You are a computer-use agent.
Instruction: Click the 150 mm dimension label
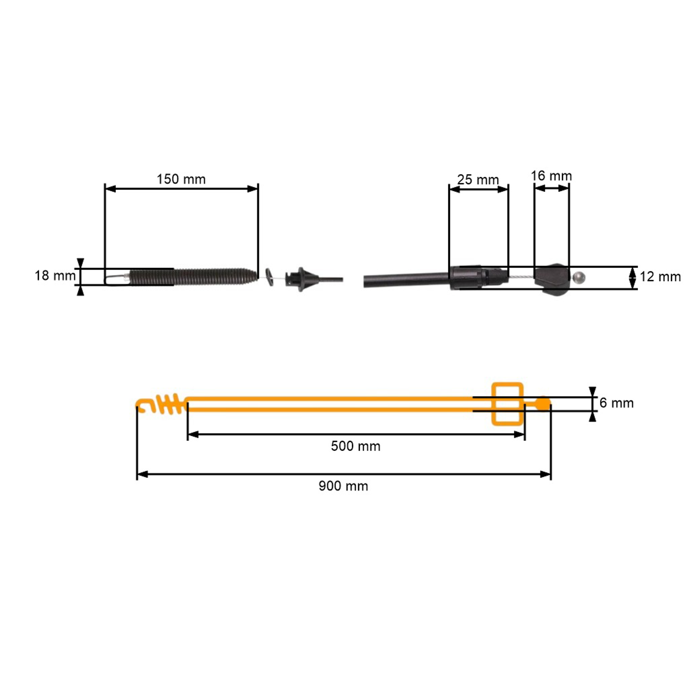click(x=181, y=179)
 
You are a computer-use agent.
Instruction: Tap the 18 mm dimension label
click(x=55, y=276)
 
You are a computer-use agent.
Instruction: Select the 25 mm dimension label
click(x=478, y=180)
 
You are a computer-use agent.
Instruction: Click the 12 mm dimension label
click(x=660, y=277)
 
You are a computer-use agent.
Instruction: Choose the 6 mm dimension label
click(x=617, y=403)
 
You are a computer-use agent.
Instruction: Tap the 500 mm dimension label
click(x=356, y=446)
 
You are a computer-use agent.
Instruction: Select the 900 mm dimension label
click(x=343, y=486)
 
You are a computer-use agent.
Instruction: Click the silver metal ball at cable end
click(x=579, y=277)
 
